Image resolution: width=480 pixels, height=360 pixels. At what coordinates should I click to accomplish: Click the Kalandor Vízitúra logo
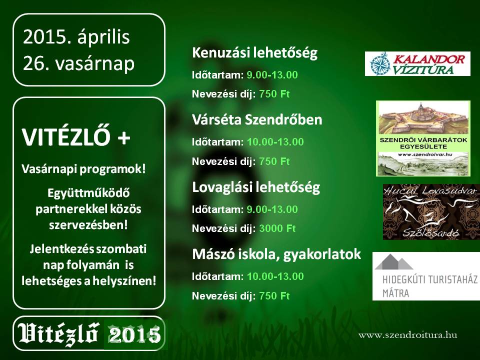(417, 63)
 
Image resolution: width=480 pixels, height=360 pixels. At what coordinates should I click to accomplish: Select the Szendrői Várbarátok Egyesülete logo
(423, 138)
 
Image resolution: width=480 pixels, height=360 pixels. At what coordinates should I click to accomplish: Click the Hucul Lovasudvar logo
(431, 212)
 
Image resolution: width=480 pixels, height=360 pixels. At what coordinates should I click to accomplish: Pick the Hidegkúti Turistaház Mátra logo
(426, 276)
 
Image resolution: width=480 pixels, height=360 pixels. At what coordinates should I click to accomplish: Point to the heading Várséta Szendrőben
(257, 119)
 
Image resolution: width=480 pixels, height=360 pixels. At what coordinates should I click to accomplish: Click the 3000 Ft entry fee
(277, 228)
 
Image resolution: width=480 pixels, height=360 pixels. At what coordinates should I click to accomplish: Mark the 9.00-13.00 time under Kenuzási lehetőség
(272, 75)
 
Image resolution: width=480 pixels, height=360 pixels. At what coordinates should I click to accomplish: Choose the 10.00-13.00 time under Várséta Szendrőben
(275, 142)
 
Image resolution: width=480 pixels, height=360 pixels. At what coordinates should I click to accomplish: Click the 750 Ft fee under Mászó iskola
(274, 296)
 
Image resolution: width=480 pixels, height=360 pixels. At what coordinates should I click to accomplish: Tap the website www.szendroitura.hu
(408, 335)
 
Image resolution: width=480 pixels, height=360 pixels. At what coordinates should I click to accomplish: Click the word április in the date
(103, 37)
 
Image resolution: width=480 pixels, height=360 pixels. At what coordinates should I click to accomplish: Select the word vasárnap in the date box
(95, 63)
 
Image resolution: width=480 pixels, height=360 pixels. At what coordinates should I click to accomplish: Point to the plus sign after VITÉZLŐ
(124, 138)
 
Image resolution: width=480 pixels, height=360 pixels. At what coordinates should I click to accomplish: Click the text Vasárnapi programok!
(83, 169)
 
